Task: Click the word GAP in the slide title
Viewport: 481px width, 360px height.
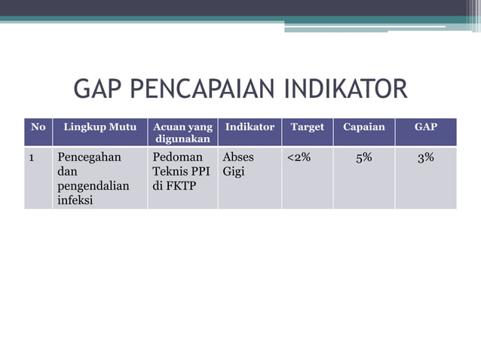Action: tap(98, 90)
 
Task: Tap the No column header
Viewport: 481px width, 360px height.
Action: tap(38, 127)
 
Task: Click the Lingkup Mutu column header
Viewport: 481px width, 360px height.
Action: tap(100, 127)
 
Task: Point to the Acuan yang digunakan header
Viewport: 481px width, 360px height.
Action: tap(182, 133)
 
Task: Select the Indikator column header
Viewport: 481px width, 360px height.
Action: tap(250, 127)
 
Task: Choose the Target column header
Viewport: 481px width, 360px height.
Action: tap(307, 127)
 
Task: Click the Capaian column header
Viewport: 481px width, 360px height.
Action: tap(363, 127)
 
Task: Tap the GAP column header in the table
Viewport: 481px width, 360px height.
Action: tap(425, 127)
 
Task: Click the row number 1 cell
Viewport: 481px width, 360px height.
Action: tap(32, 158)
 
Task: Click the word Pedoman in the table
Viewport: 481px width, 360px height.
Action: tap(178, 157)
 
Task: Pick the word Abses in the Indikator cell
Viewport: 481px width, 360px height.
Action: tap(238, 157)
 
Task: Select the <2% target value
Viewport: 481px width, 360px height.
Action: tap(299, 157)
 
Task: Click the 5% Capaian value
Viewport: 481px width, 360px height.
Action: tap(363, 157)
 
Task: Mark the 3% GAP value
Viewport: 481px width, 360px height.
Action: tap(425, 157)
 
